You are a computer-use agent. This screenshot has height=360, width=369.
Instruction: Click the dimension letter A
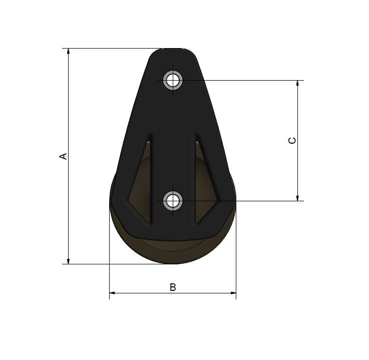(63, 156)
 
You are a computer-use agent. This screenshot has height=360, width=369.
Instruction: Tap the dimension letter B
(173, 287)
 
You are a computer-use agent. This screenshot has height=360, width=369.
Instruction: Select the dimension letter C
(292, 141)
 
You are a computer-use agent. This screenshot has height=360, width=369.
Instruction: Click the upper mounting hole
(173, 80)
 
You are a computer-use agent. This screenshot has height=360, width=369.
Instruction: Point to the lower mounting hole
(173, 201)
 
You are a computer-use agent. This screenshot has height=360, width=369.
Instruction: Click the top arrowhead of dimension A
(69, 52)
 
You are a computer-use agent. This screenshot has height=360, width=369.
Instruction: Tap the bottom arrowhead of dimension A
(69, 261)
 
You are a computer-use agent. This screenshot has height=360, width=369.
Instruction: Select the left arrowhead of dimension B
(113, 293)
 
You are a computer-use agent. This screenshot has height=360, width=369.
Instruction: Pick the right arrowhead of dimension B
(233, 293)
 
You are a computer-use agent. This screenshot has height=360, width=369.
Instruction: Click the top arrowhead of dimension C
(297, 84)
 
